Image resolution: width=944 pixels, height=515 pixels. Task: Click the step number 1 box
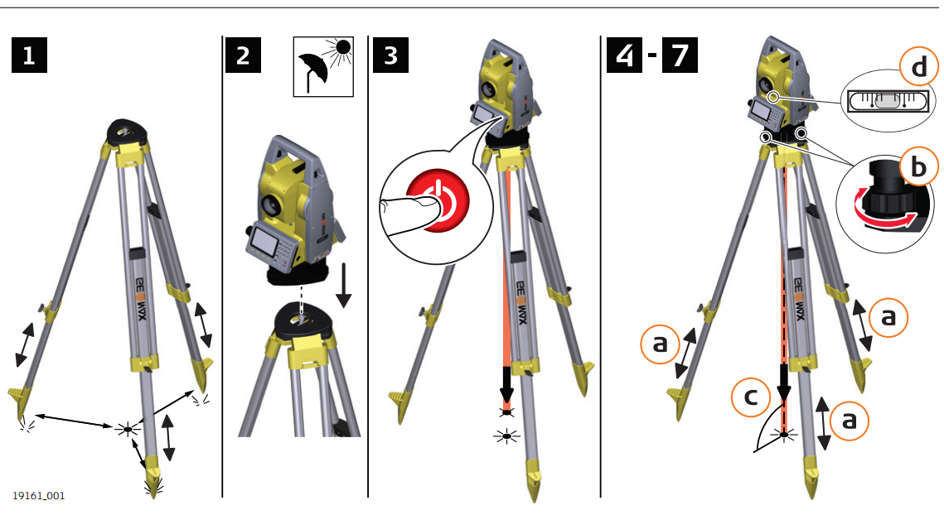29,55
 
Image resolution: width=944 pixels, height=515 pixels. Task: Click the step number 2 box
242,55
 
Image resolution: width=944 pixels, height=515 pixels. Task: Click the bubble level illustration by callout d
884,101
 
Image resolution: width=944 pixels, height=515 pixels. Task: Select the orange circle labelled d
918,68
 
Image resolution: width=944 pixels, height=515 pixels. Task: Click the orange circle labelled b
918,168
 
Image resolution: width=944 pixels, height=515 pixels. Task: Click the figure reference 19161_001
38,495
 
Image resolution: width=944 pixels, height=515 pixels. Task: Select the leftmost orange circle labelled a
660,343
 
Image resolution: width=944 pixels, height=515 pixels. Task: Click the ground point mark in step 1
126,428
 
